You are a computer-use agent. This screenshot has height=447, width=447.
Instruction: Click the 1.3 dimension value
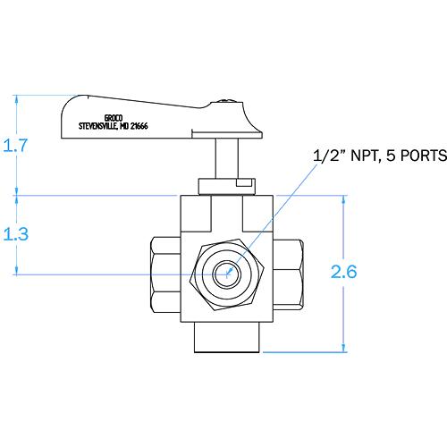pos(17,234)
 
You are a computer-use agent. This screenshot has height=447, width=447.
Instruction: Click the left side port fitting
pos(161,274)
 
